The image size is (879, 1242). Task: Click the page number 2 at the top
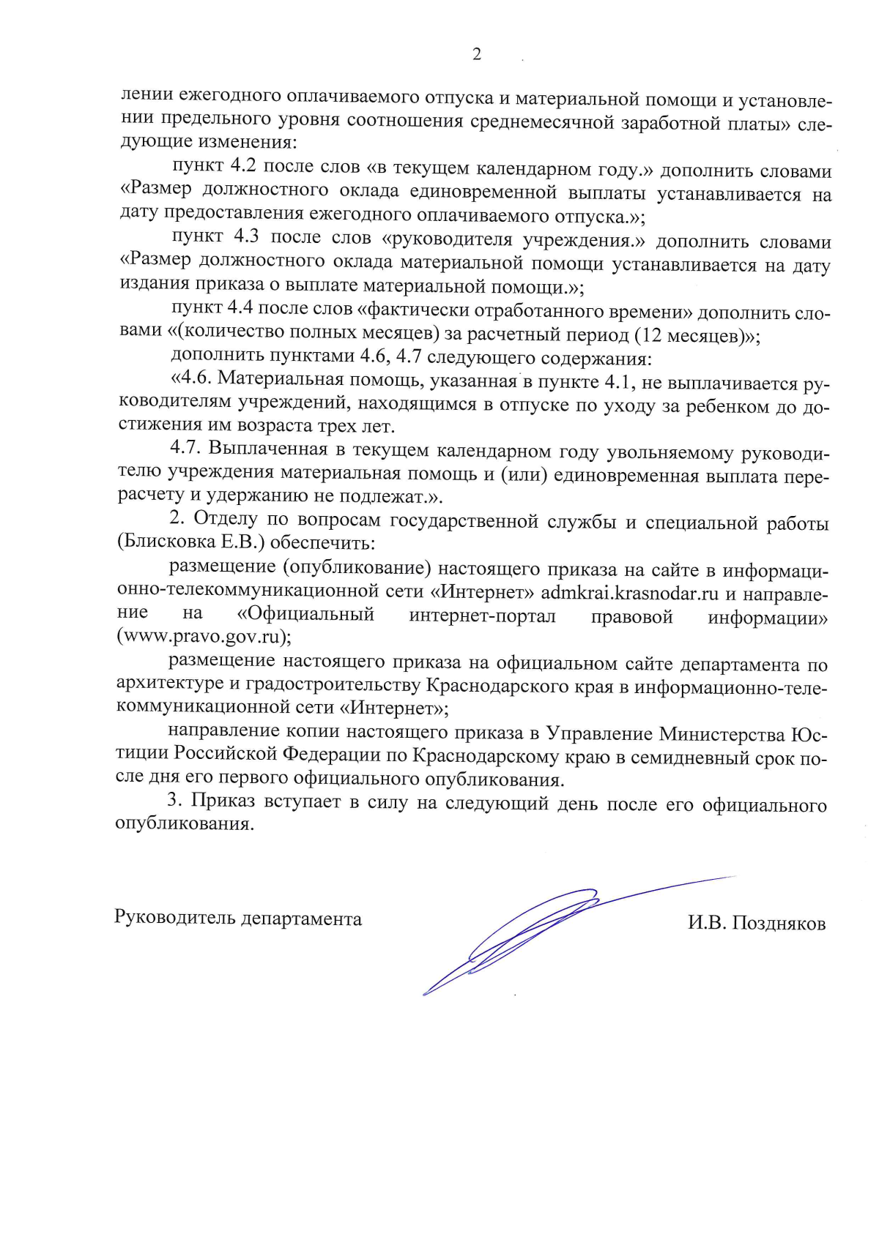pos(477,54)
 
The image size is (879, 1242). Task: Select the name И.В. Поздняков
pos(756,923)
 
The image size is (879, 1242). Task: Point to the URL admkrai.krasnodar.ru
pos(629,593)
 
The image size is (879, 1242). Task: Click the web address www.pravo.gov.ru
pos(203,635)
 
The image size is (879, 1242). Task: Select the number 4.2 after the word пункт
pos(243,166)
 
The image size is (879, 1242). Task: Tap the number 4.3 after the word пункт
pos(246,237)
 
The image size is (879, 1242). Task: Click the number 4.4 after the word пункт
pos(240,308)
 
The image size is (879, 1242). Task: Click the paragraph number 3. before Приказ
pos(175,800)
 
